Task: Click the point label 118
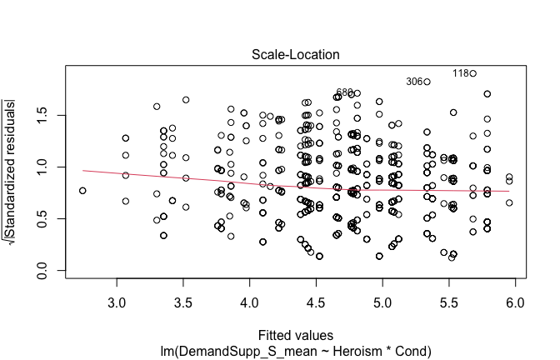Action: tap(462, 73)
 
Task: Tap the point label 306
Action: tap(415, 82)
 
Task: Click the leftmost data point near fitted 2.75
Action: tap(82, 191)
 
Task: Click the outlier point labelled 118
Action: tap(472, 73)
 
